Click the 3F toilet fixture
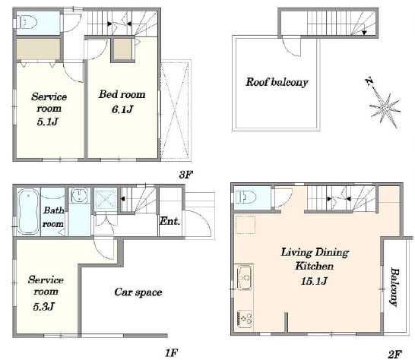click(x=27, y=22)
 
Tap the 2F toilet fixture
click(x=246, y=197)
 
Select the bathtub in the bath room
click(x=29, y=211)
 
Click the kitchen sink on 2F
click(x=245, y=278)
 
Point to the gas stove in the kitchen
click(x=245, y=319)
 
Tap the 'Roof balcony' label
click(x=277, y=82)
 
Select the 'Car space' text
click(x=138, y=292)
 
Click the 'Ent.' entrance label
click(x=170, y=221)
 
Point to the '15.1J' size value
click(x=314, y=281)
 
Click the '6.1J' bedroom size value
click(x=122, y=109)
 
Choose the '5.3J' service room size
click(x=43, y=307)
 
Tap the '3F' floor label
click(x=185, y=175)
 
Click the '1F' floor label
click(x=171, y=352)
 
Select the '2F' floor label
click(x=395, y=354)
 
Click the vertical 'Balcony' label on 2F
click(x=394, y=287)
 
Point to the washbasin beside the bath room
click(x=79, y=195)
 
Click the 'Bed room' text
click(x=122, y=94)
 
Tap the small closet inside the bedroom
click(x=123, y=49)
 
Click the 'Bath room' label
click(x=53, y=217)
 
